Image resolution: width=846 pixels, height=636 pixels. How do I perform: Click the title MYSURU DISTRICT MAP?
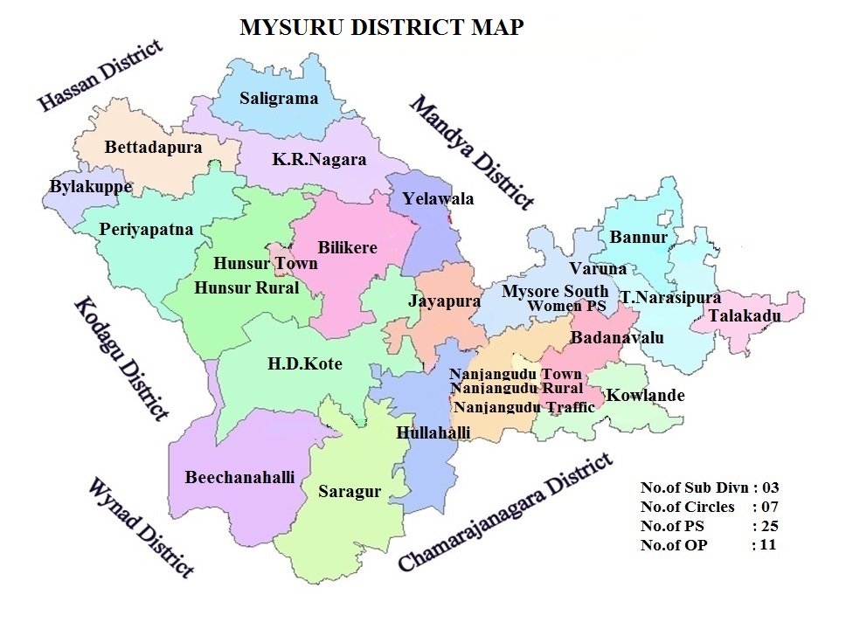tap(382, 28)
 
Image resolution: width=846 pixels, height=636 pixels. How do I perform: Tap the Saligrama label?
tap(279, 98)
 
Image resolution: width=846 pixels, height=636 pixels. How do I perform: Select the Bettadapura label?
tap(153, 147)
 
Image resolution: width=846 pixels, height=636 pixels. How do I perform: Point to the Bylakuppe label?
tap(91, 187)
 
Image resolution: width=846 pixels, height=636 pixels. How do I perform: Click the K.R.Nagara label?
tap(319, 160)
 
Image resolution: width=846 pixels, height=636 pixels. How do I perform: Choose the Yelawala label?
tap(438, 199)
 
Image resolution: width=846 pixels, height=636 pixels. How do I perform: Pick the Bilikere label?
tap(347, 247)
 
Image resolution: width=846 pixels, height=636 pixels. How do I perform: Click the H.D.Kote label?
tap(305, 364)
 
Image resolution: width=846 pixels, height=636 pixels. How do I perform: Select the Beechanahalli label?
tap(239, 477)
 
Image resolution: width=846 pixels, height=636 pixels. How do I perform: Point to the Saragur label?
tap(350, 491)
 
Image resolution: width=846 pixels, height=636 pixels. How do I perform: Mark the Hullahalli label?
tap(433, 432)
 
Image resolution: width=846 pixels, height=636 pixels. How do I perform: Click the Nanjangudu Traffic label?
tap(524, 407)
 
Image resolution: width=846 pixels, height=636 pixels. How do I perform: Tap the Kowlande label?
tap(645, 396)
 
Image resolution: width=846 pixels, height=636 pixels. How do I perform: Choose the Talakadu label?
tap(745, 315)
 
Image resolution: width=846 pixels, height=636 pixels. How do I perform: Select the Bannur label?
tap(638, 238)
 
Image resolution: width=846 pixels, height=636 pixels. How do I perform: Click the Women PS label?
tap(566, 306)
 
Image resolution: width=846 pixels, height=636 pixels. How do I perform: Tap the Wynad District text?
tap(140, 527)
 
